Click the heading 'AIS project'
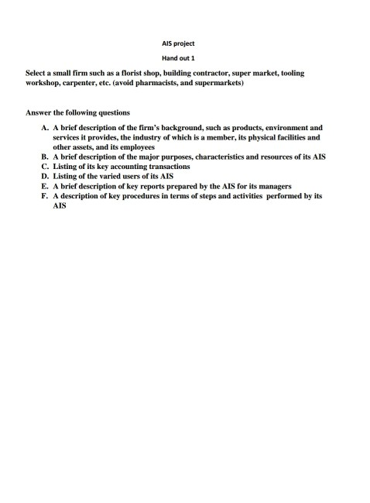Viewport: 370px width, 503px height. (184, 43)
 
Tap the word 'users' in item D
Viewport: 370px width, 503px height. (132, 176)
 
